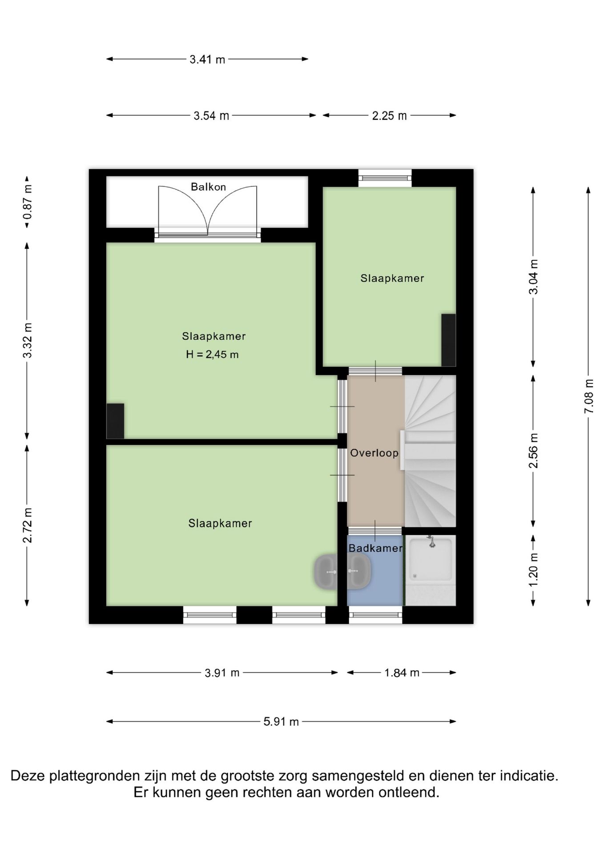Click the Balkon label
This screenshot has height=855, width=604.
[x=208, y=187]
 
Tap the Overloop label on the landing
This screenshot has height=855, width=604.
[x=374, y=453]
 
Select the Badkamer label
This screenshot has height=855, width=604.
[x=375, y=548]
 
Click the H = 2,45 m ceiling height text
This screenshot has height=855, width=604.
[x=212, y=354]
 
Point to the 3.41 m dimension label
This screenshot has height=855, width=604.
[x=207, y=59]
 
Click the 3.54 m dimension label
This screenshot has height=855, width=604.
[x=211, y=116]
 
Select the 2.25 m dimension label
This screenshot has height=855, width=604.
[x=390, y=116]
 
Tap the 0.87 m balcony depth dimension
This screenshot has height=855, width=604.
[x=28, y=203]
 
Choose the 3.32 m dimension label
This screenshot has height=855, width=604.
[x=28, y=341]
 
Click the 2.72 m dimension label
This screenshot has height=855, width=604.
[x=28, y=525]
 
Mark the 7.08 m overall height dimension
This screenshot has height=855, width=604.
[x=589, y=396]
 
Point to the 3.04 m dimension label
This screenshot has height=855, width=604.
[x=534, y=277]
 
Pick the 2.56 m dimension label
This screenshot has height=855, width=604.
[x=534, y=451]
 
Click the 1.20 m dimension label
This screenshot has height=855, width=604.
[x=534, y=570]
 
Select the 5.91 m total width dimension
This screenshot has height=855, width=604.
[x=281, y=722]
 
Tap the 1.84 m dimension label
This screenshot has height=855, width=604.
[x=402, y=673]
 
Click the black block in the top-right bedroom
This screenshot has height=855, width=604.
[x=448, y=340]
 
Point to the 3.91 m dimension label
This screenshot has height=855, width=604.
[x=222, y=673]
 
